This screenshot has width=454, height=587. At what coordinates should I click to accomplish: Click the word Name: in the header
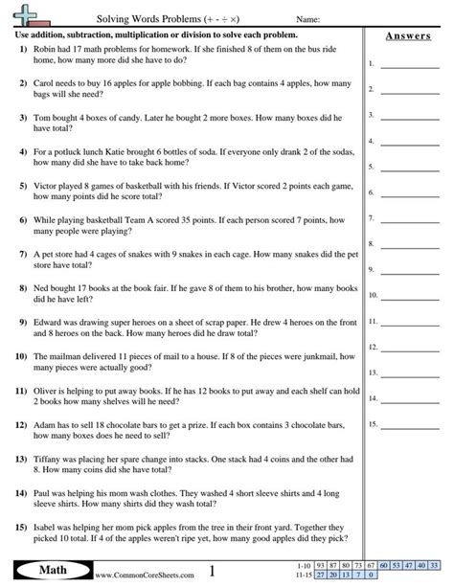tap(308, 18)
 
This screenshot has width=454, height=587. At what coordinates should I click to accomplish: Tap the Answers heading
tap(407, 36)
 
